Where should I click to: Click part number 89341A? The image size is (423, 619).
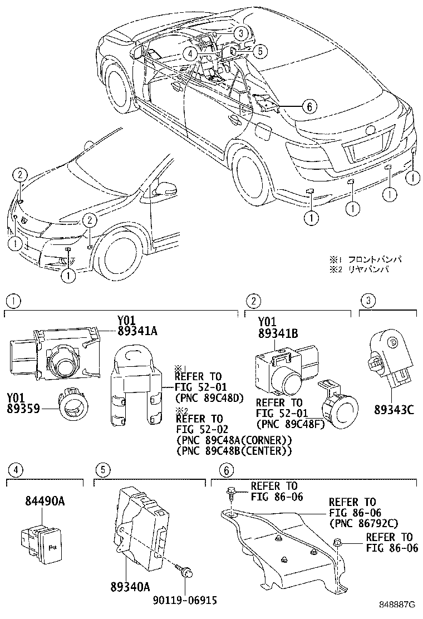point(137,331)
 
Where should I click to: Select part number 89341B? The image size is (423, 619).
point(278,333)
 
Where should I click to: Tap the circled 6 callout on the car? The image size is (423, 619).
point(310,105)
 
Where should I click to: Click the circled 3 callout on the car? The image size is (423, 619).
point(239,33)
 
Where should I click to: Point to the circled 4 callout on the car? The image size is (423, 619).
point(190,53)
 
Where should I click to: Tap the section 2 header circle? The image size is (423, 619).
point(253,301)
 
